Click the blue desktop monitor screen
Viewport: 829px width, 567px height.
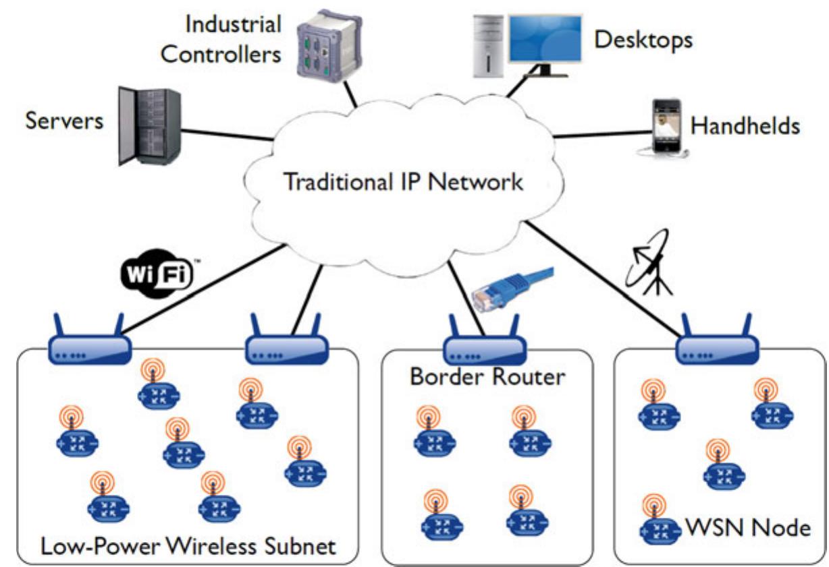click(544, 41)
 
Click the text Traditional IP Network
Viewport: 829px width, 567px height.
click(403, 182)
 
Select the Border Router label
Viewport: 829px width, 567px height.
click(487, 376)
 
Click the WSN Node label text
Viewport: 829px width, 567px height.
click(749, 527)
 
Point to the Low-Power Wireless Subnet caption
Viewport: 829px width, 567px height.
click(188, 544)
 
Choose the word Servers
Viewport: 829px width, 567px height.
click(65, 121)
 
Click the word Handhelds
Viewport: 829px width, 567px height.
click(745, 125)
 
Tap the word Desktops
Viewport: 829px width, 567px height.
click(643, 39)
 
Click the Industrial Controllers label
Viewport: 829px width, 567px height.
click(221, 40)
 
